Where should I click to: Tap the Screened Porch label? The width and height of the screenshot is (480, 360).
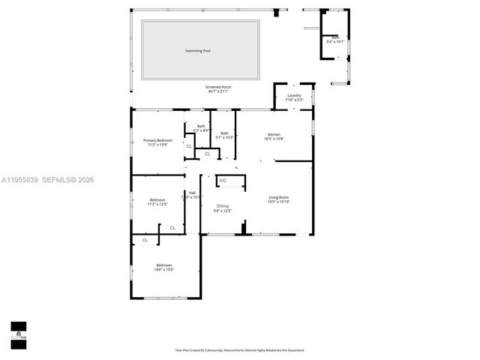(x=218, y=87)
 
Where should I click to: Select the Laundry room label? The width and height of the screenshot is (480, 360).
(x=293, y=95)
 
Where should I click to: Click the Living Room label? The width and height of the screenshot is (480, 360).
(x=278, y=197)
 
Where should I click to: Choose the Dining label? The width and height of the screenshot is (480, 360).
(x=223, y=205)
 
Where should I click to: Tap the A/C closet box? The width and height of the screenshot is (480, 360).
(x=223, y=181)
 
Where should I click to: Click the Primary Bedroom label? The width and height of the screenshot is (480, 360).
(x=158, y=140)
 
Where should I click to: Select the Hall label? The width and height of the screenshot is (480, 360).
(x=192, y=193)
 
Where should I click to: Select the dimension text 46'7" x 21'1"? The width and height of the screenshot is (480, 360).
(x=218, y=91)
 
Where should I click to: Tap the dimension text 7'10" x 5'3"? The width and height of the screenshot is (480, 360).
(x=293, y=100)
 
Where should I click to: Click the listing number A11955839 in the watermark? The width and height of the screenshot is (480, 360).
(x=19, y=180)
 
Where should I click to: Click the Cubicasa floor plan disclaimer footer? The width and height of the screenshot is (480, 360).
(x=239, y=349)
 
